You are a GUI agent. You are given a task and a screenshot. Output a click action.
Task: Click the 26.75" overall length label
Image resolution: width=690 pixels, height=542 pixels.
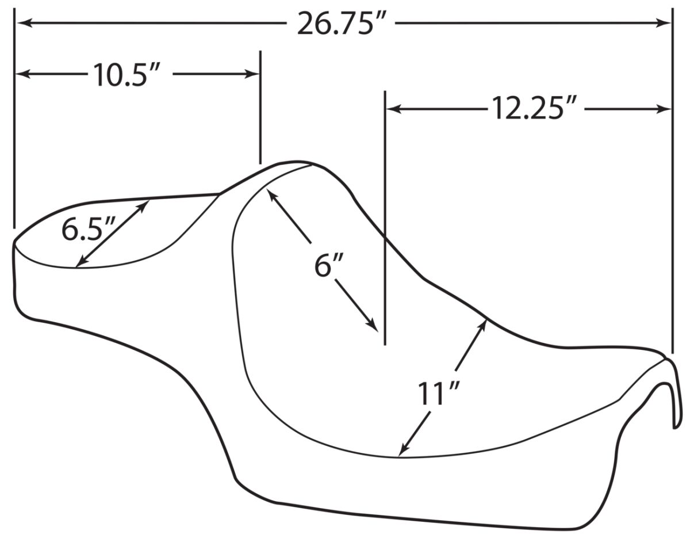(342, 23)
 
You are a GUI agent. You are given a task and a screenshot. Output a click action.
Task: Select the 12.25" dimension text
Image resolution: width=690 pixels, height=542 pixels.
(534, 109)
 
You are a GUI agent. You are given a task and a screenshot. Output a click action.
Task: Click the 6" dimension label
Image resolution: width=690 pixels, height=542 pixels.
(329, 265)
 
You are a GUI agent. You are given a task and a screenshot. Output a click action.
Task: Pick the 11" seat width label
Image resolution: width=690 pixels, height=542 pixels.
(439, 394)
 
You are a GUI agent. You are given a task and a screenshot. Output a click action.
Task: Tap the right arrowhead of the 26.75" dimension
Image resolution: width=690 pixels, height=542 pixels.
(663, 23)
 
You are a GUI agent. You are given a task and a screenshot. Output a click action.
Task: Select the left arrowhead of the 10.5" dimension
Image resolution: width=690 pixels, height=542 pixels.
(24, 74)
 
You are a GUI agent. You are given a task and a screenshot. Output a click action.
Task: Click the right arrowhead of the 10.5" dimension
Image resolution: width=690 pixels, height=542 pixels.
(251, 74)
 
